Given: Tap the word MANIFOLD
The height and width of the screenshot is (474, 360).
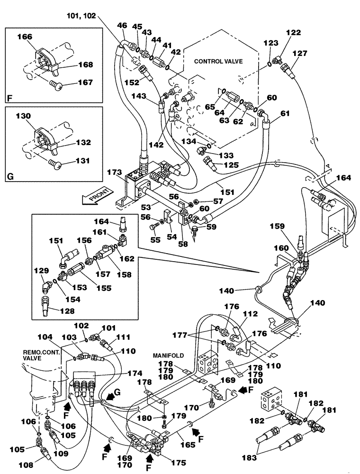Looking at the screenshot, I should (x=165, y=355).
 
